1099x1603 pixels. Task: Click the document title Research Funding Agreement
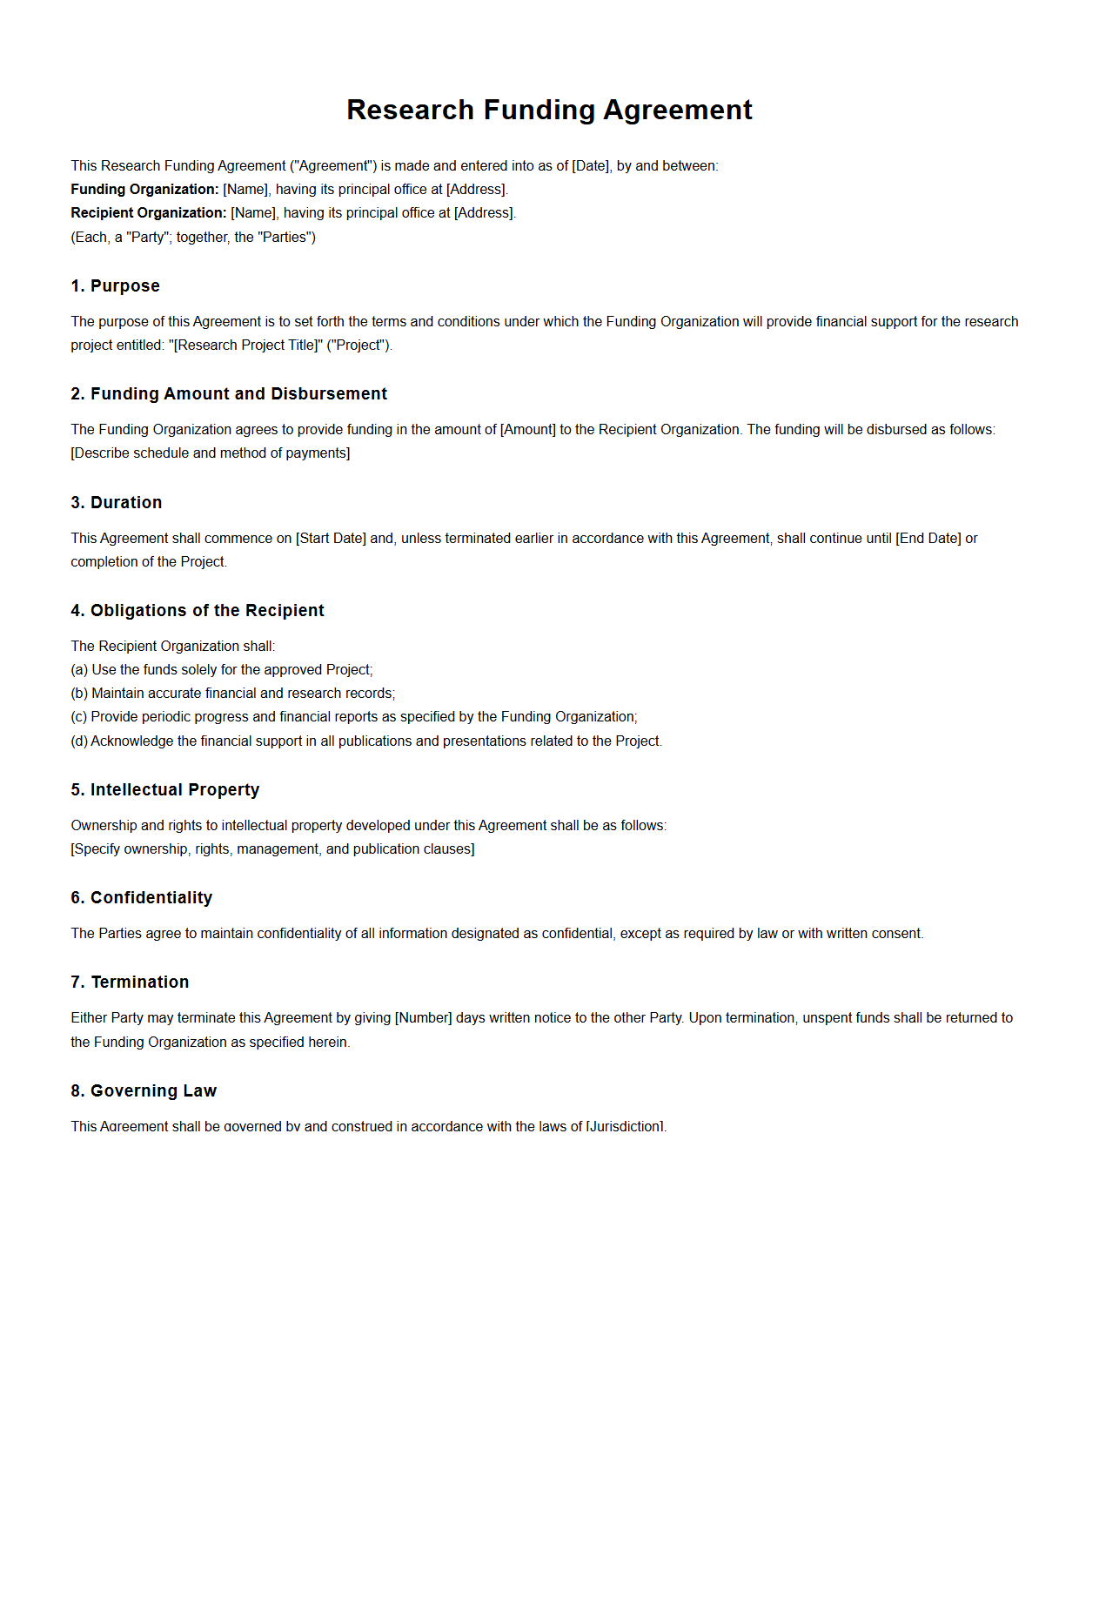coord(549,110)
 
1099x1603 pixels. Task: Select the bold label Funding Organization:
coord(144,190)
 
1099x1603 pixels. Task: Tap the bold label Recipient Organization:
coord(148,213)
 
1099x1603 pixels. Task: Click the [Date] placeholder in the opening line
coord(591,166)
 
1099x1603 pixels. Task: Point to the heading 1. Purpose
coord(115,286)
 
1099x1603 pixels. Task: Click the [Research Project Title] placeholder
coord(247,345)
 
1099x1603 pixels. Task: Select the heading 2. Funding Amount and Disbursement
coord(229,394)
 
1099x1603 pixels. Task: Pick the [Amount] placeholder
coord(527,430)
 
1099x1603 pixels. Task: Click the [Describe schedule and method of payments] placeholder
coord(211,453)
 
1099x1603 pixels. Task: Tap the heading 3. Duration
coord(116,503)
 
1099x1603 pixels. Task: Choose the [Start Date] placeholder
coord(331,539)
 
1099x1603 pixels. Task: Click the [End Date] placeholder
coord(928,539)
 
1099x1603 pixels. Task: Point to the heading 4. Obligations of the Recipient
coord(198,611)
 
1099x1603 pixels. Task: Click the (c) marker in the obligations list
coord(79,717)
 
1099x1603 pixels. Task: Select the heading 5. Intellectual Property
coord(165,790)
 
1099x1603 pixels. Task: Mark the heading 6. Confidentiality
coord(141,898)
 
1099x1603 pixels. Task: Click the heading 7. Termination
coord(130,983)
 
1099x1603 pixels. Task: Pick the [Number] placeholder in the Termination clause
coord(423,1018)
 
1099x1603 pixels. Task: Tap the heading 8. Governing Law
coord(144,1091)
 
